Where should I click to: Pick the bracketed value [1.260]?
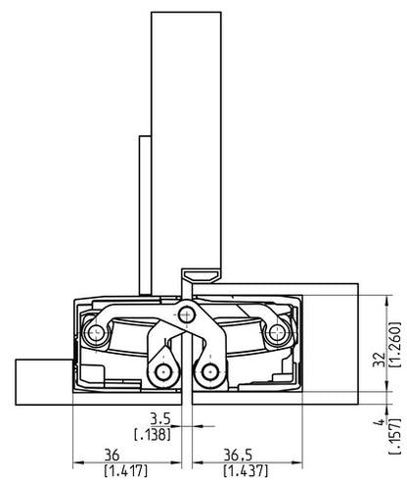click(395, 345)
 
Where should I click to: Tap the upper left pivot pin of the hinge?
click(94, 333)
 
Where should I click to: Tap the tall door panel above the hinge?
click(181, 137)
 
